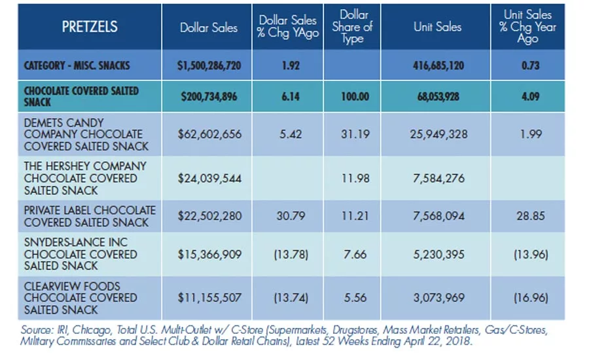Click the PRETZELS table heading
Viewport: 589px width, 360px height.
[x=90, y=27]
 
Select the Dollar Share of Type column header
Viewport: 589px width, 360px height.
[x=352, y=27]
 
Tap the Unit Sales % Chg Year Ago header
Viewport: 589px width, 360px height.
[x=527, y=27]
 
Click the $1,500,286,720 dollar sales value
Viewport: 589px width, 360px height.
[x=209, y=65]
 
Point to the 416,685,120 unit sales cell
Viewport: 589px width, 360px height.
[x=438, y=65]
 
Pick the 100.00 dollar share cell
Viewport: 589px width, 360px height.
[x=355, y=97]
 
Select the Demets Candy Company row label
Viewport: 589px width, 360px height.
[x=86, y=134]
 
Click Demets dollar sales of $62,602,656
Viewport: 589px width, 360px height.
[x=209, y=134]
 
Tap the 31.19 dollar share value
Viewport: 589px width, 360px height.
[x=355, y=134]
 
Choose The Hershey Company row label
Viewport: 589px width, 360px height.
[x=85, y=178]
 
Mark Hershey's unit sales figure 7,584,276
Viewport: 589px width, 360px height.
[x=438, y=178]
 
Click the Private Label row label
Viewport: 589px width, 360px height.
[x=90, y=216]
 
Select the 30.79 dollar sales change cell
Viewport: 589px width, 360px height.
[x=291, y=216]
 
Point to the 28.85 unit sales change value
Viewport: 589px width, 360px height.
[x=530, y=216]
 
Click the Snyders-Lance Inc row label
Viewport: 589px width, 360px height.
[x=80, y=254]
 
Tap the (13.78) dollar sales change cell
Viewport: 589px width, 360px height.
[x=291, y=255]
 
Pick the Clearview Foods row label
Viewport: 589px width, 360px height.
[x=80, y=298]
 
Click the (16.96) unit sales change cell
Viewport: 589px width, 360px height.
[x=531, y=298]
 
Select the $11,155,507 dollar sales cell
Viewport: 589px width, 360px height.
[x=209, y=298]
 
